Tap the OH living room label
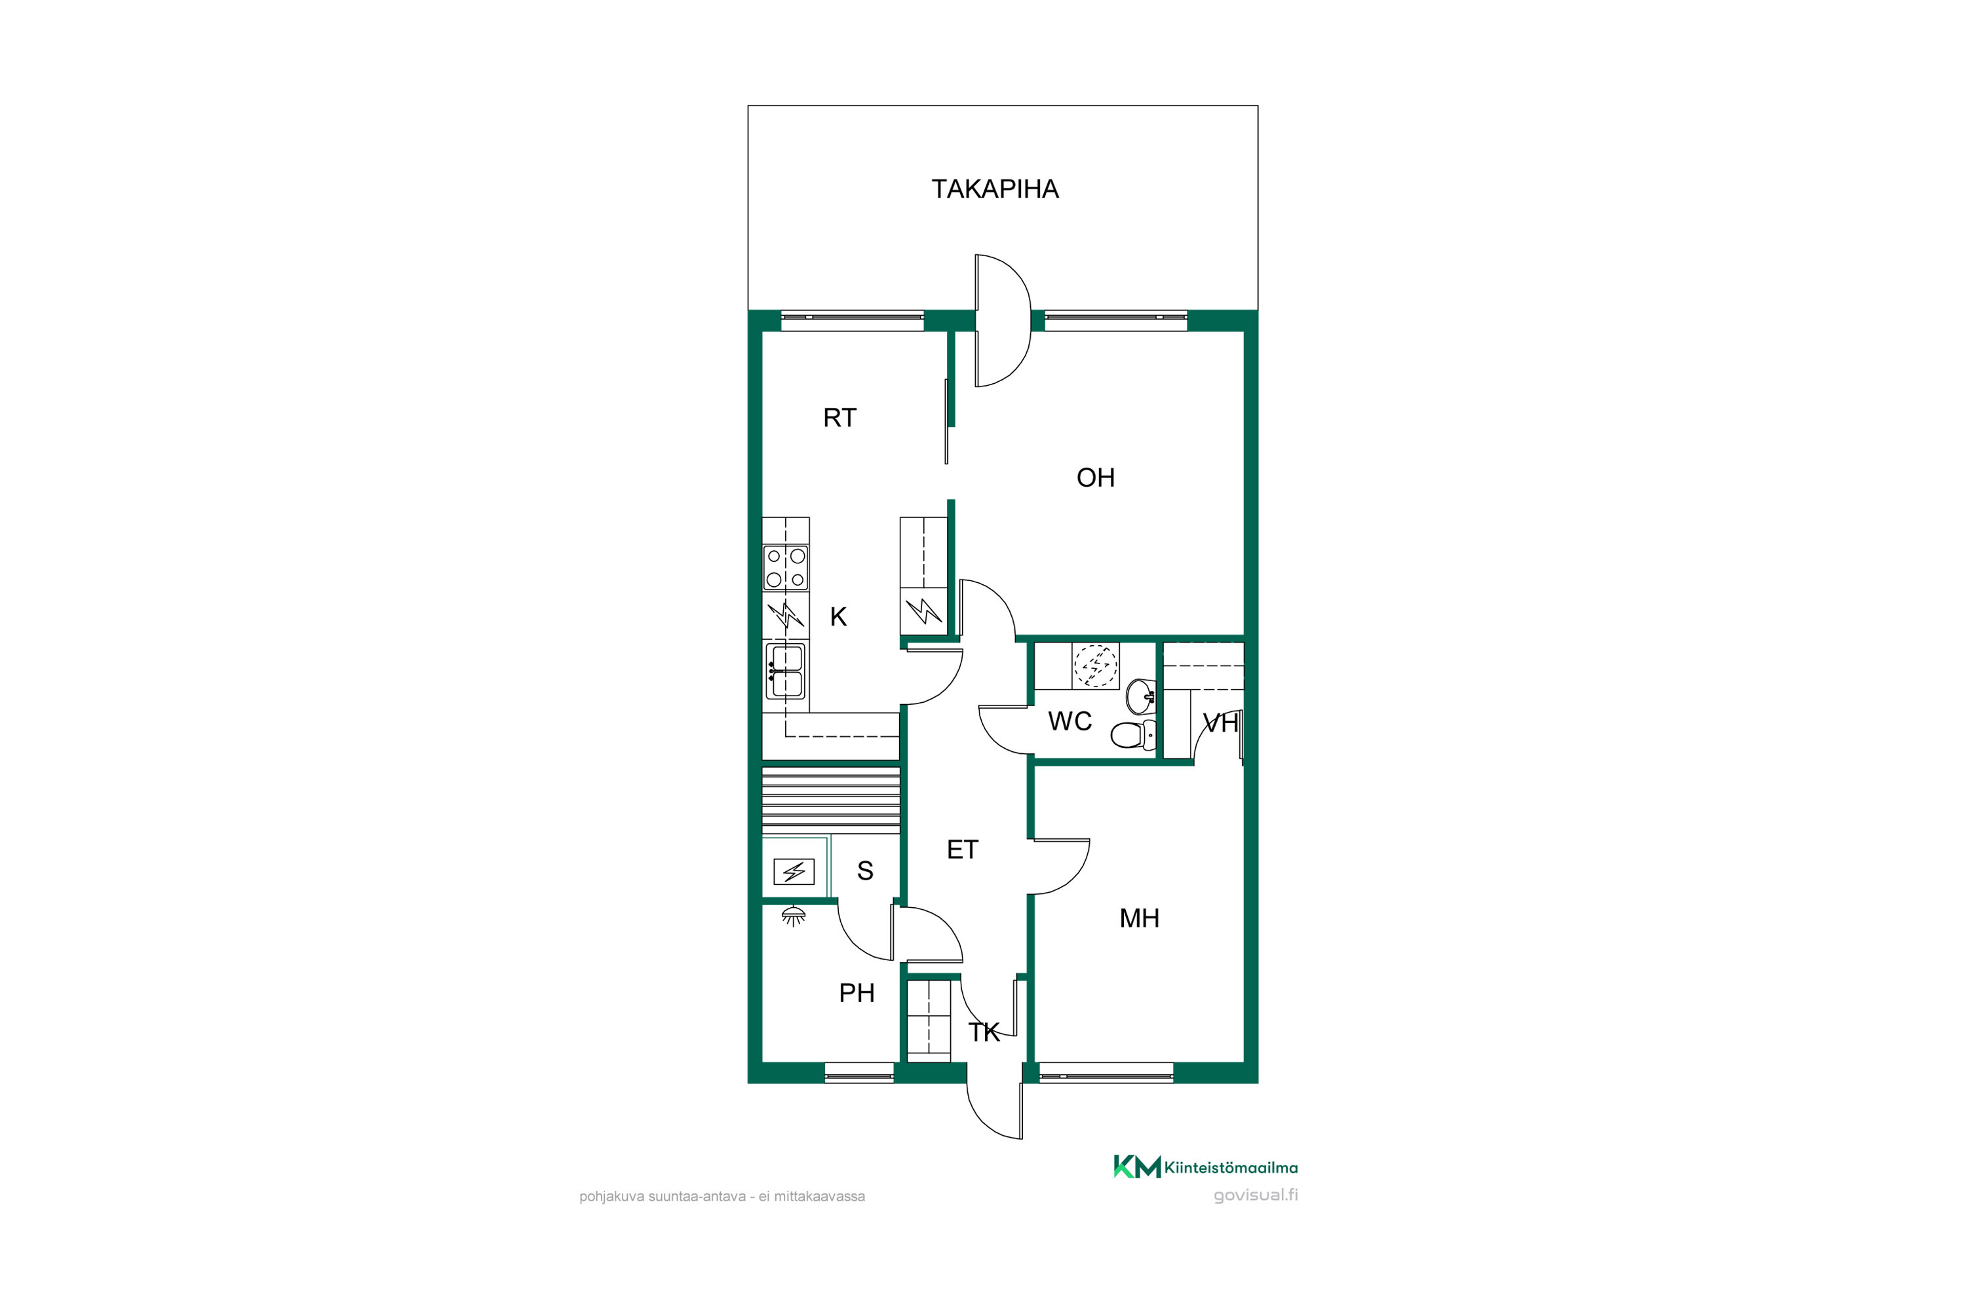(x=1095, y=478)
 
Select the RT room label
(x=839, y=418)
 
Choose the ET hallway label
(x=962, y=850)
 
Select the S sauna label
(x=865, y=871)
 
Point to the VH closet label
(x=1220, y=724)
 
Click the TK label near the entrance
(x=984, y=1033)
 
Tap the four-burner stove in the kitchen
(x=786, y=568)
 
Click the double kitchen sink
(x=785, y=671)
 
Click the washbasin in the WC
(x=1141, y=695)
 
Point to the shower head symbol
(x=793, y=916)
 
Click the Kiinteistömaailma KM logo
(x=1205, y=1167)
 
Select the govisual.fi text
(x=1256, y=1195)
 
